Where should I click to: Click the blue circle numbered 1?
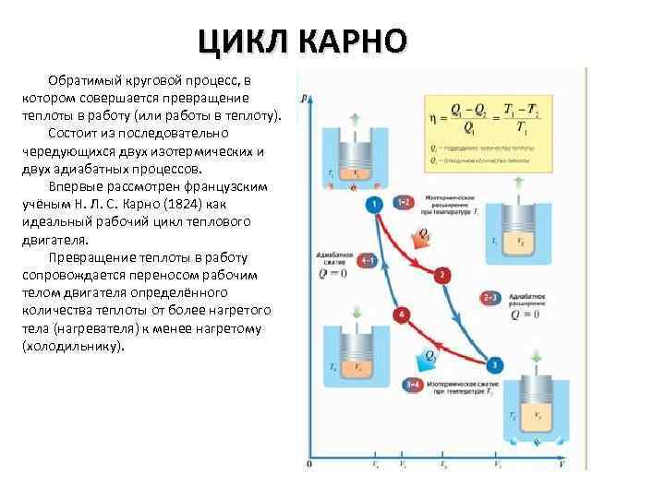tap(374, 204)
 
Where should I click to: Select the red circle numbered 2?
tap(443, 275)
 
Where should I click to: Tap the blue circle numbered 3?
tap(496, 365)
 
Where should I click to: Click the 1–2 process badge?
tap(405, 201)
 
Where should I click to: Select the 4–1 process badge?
tap(367, 261)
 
